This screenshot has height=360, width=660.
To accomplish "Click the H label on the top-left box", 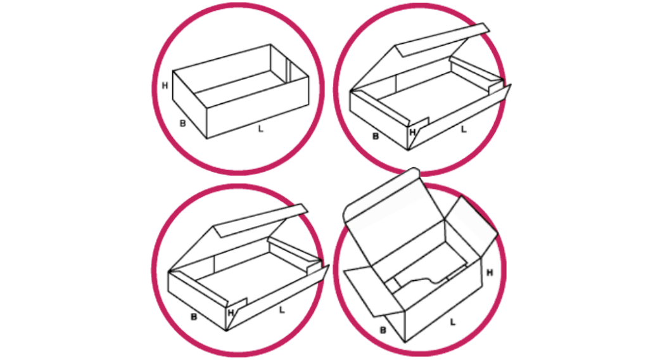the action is (165, 86).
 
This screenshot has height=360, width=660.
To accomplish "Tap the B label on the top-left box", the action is (182, 124).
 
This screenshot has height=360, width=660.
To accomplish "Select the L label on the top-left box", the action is (260, 129).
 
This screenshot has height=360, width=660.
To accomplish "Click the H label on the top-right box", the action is (412, 132).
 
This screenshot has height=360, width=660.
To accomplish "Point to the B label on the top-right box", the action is (376, 136).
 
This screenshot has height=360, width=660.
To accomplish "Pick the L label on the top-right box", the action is (464, 129).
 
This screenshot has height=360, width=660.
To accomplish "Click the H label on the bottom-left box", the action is (231, 313).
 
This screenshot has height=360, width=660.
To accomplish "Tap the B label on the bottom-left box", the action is (194, 317).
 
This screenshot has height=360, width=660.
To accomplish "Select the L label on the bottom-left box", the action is (282, 311).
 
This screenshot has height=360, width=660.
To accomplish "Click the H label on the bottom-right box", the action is (490, 273).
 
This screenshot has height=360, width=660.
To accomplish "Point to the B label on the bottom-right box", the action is (383, 330).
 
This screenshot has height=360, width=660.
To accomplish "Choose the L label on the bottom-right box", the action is (453, 322).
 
